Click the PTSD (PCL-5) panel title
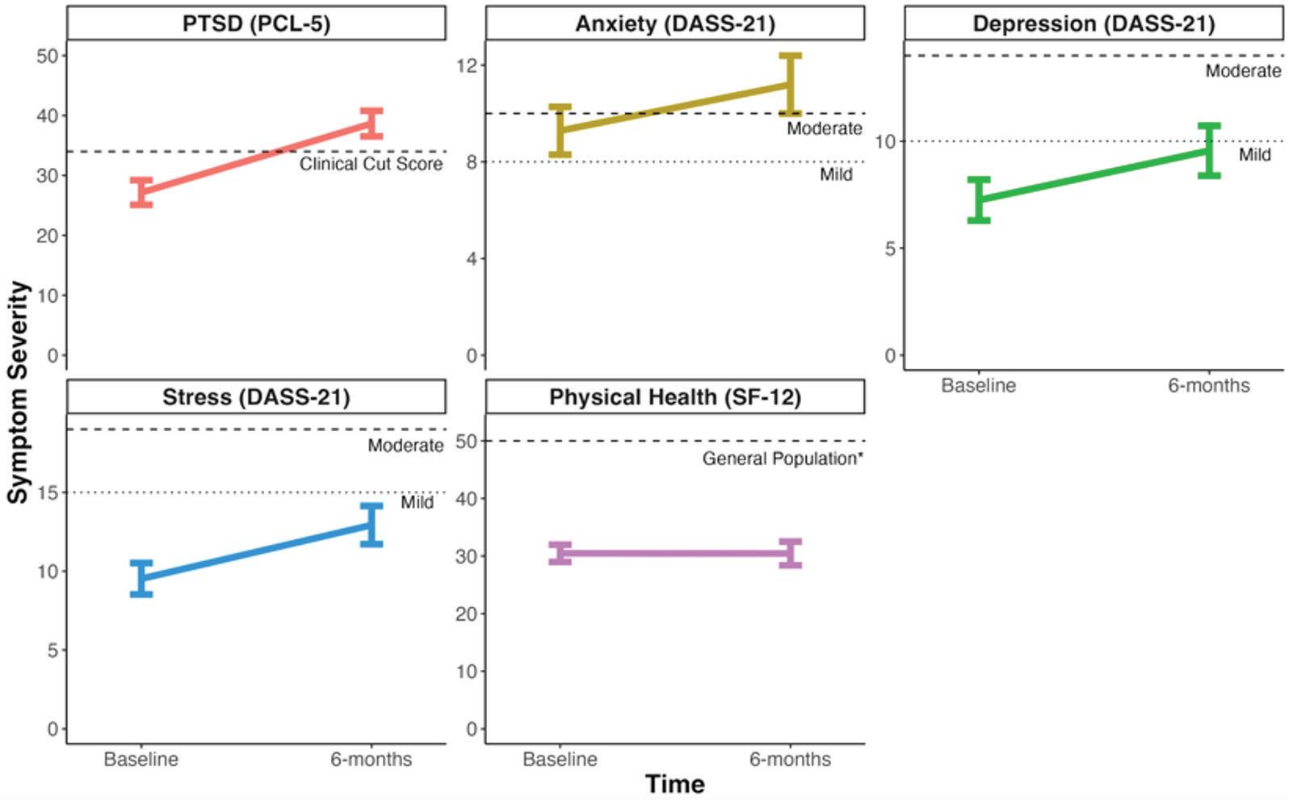[x=256, y=23]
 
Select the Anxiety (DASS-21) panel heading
[x=675, y=23]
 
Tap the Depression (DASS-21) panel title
[x=1094, y=23]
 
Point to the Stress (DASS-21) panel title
[x=256, y=397]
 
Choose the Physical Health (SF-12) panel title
[x=675, y=397]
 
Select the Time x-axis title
[x=675, y=784]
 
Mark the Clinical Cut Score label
[x=372, y=165]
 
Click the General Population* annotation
[x=783, y=459]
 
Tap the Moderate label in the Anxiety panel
[x=825, y=128]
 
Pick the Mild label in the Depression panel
[x=1254, y=155]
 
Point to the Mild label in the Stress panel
[x=417, y=502]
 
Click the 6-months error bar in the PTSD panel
[x=372, y=124]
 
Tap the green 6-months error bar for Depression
[x=1209, y=150]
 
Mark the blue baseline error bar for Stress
[x=141, y=578]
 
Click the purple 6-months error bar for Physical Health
[x=791, y=553]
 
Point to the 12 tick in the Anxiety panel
[x=467, y=65]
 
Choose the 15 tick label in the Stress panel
[x=48, y=492]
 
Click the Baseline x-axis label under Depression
[x=978, y=386]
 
